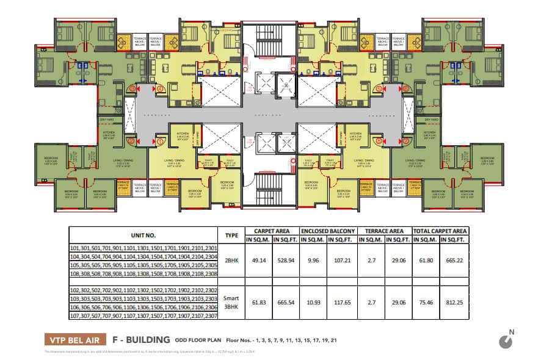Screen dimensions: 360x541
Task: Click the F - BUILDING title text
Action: [x=140, y=340]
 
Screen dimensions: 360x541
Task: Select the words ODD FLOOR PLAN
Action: [x=198, y=340]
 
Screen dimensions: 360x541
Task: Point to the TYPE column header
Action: [x=231, y=235]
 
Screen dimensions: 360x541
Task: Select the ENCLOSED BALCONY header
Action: [x=328, y=231]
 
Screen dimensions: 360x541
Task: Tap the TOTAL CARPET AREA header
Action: [x=440, y=231]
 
